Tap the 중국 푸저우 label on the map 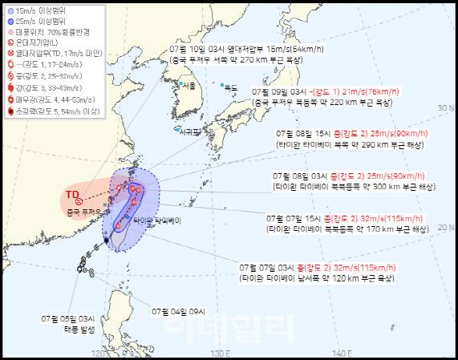(83, 212)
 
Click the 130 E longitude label (221, 353)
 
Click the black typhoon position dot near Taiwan (106, 240)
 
